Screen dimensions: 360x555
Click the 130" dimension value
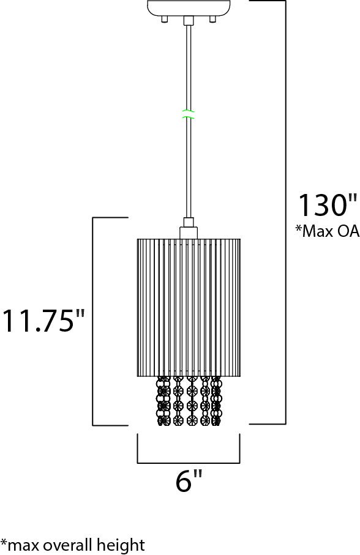coord(328,205)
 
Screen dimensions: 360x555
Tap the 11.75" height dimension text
coord(43,321)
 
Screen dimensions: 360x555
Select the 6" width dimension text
coord(189,481)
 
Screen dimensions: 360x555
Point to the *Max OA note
coord(328,231)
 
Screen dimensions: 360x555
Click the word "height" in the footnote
coord(119,545)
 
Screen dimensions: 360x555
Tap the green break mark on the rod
coord(189,114)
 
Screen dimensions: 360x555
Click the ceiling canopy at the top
coord(189,8)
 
